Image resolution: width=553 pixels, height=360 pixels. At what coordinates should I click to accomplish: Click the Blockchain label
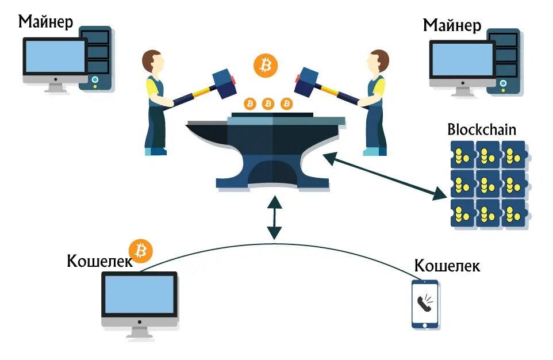(x=482, y=129)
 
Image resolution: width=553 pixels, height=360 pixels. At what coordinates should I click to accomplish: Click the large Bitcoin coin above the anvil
(x=265, y=66)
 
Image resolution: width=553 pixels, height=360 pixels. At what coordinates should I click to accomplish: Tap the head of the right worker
(x=379, y=62)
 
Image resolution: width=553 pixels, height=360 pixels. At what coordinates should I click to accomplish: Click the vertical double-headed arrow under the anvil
(x=275, y=217)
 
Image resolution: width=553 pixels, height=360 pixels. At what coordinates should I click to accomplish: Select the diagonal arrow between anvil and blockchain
(x=386, y=176)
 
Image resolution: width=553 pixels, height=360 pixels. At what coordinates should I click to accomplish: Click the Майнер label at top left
(x=46, y=22)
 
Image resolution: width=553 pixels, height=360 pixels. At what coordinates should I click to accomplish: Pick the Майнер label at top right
(x=452, y=25)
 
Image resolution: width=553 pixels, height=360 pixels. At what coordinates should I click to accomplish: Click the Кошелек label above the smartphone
(x=447, y=266)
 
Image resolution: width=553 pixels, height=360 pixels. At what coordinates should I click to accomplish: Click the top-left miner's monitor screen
(x=55, y=57)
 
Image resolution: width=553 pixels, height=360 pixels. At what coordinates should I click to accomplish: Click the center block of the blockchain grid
(x=487, y=183)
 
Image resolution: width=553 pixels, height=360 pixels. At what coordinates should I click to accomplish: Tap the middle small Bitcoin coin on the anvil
(x=268, y=104)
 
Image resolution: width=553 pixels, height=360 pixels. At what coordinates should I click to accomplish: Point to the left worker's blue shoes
(x=156, y=151)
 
